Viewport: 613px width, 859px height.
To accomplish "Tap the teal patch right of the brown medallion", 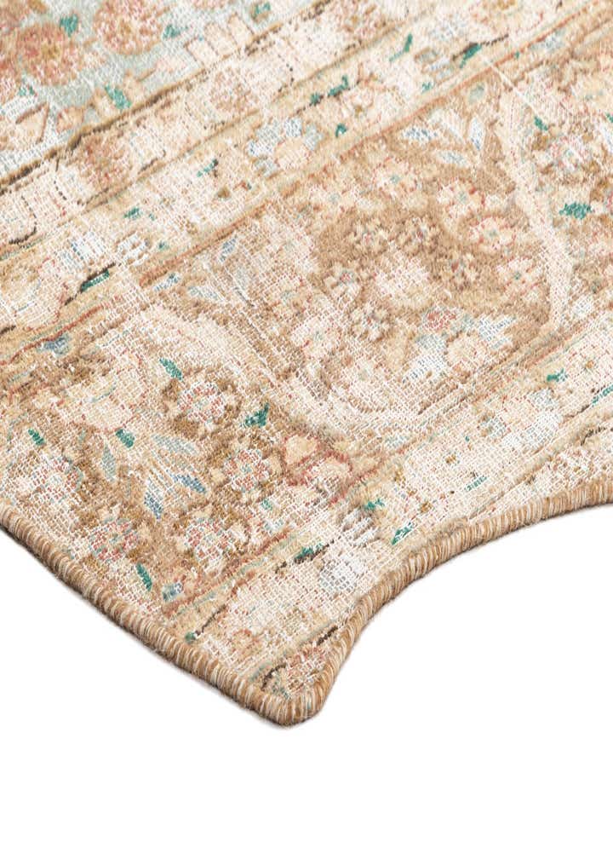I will pos(576,210).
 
